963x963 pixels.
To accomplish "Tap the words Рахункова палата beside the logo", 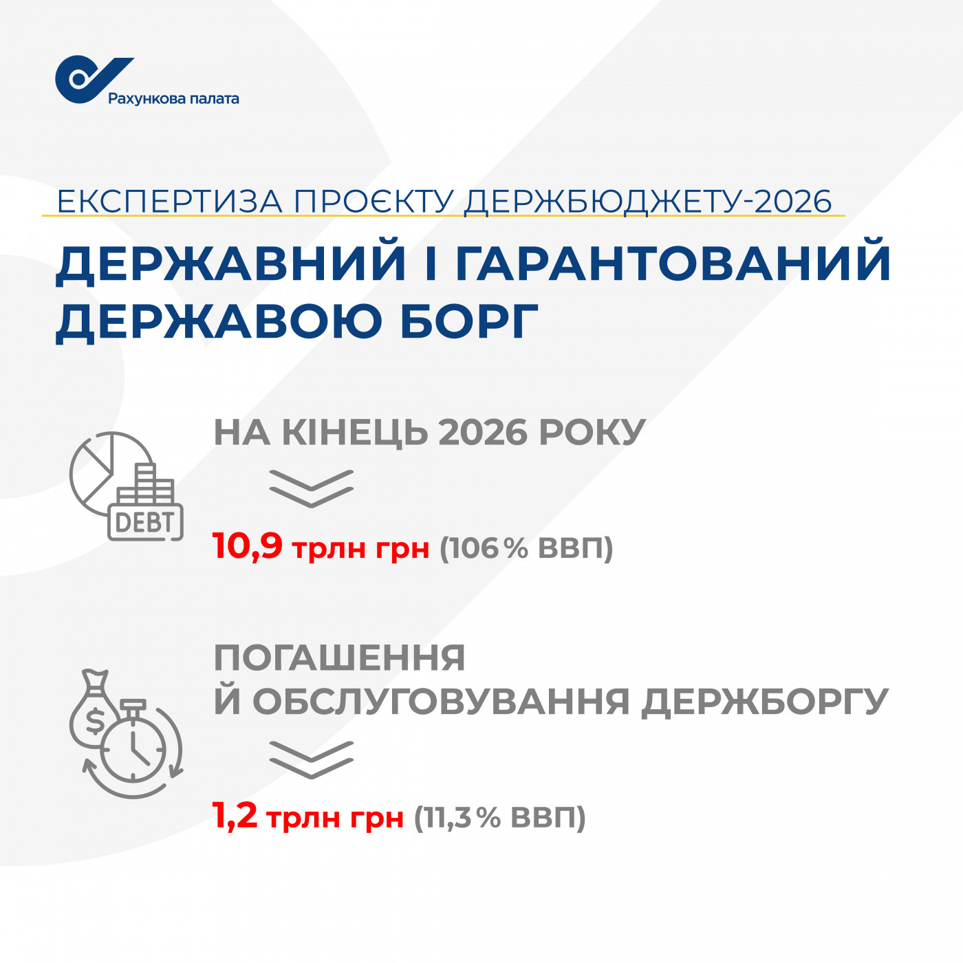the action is pos(173,99).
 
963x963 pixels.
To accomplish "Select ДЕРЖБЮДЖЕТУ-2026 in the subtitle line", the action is pos(648,202).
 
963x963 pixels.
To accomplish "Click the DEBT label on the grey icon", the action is pos(145,523).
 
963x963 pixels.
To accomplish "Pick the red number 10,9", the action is pos(248,545).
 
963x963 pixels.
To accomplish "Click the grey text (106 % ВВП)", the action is pos(526,548).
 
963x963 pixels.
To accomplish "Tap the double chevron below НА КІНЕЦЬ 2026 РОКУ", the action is pos(312,488).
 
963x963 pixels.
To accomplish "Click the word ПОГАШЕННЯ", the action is pos(340,658).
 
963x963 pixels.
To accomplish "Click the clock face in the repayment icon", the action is pos(133,750).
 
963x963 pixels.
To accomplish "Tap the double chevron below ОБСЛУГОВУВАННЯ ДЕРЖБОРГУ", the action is pos(312,759).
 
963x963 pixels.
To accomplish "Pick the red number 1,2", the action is pos(235,817).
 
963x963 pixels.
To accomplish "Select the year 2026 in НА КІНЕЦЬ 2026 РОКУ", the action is pos(483,432).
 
